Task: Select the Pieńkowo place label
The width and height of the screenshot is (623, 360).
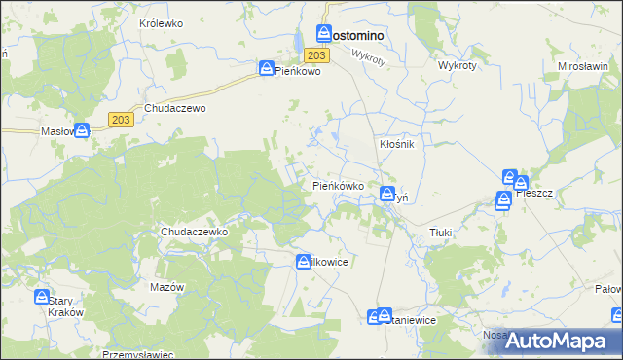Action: (298, 71)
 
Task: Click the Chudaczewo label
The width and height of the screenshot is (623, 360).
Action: (175, 109)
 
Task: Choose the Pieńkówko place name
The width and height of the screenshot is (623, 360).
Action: (338, 185)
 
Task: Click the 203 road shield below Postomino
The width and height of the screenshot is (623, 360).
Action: (322, 56)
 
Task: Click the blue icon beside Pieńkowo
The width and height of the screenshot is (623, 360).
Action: (266, 68)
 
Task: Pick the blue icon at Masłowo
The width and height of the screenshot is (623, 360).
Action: (83, 129)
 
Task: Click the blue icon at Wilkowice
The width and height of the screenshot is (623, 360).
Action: (303, 260)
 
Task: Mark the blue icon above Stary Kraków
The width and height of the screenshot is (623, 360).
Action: (42, 296)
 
